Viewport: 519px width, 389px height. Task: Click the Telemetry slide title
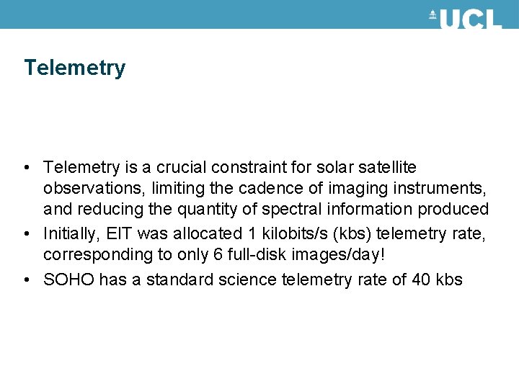tap(74, 68)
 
